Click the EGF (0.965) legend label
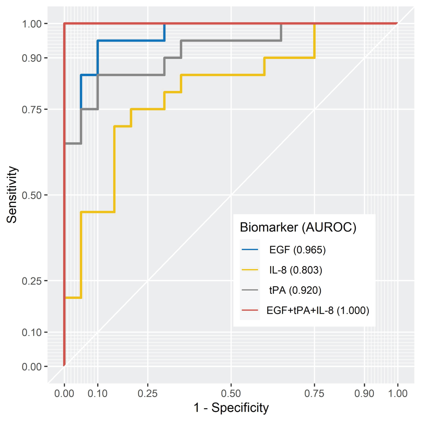297,250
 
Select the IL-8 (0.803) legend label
296,270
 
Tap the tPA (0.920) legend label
295,290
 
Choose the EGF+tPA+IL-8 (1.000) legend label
317,310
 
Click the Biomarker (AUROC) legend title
298,227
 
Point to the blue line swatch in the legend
250,250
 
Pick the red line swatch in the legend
250,310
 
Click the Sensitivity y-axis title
12,195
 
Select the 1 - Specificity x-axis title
231,408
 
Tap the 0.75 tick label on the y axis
32,109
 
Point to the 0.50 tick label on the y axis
32,195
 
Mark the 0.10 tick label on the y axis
32,332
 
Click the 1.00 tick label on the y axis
32,24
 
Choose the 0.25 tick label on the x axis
148,393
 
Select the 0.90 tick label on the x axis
364,393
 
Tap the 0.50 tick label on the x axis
231,393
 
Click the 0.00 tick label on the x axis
64,393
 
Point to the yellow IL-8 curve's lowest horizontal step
73,298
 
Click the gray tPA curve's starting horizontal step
73,143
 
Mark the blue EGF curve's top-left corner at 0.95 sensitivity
98,41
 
